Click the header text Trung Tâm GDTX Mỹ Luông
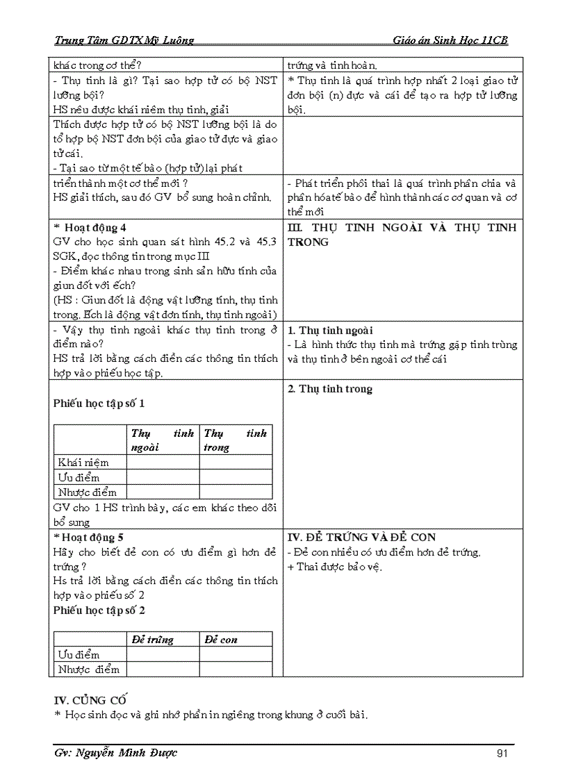[124, 40]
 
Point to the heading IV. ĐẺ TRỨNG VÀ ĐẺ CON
[361, 537]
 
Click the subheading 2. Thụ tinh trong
[330, 389]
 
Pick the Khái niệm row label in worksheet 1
[83, 463]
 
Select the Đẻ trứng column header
[153, 640]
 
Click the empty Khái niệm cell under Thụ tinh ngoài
[163, 463]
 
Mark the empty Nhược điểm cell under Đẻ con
[236, 670]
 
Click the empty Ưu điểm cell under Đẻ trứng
[163, 655]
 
